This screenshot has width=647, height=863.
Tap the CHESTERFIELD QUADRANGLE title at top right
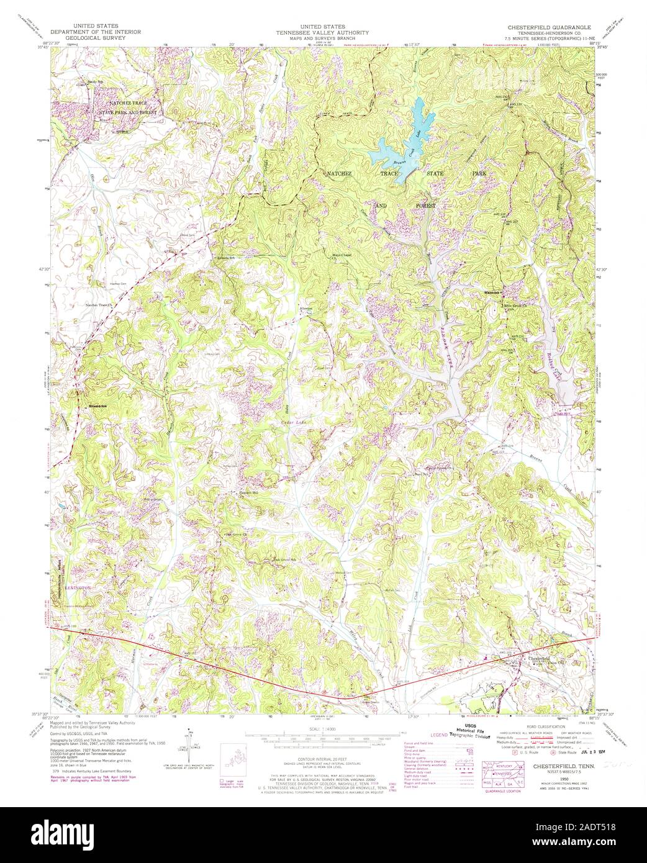[550, 28]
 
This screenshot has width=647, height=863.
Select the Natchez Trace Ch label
[101, 305]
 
